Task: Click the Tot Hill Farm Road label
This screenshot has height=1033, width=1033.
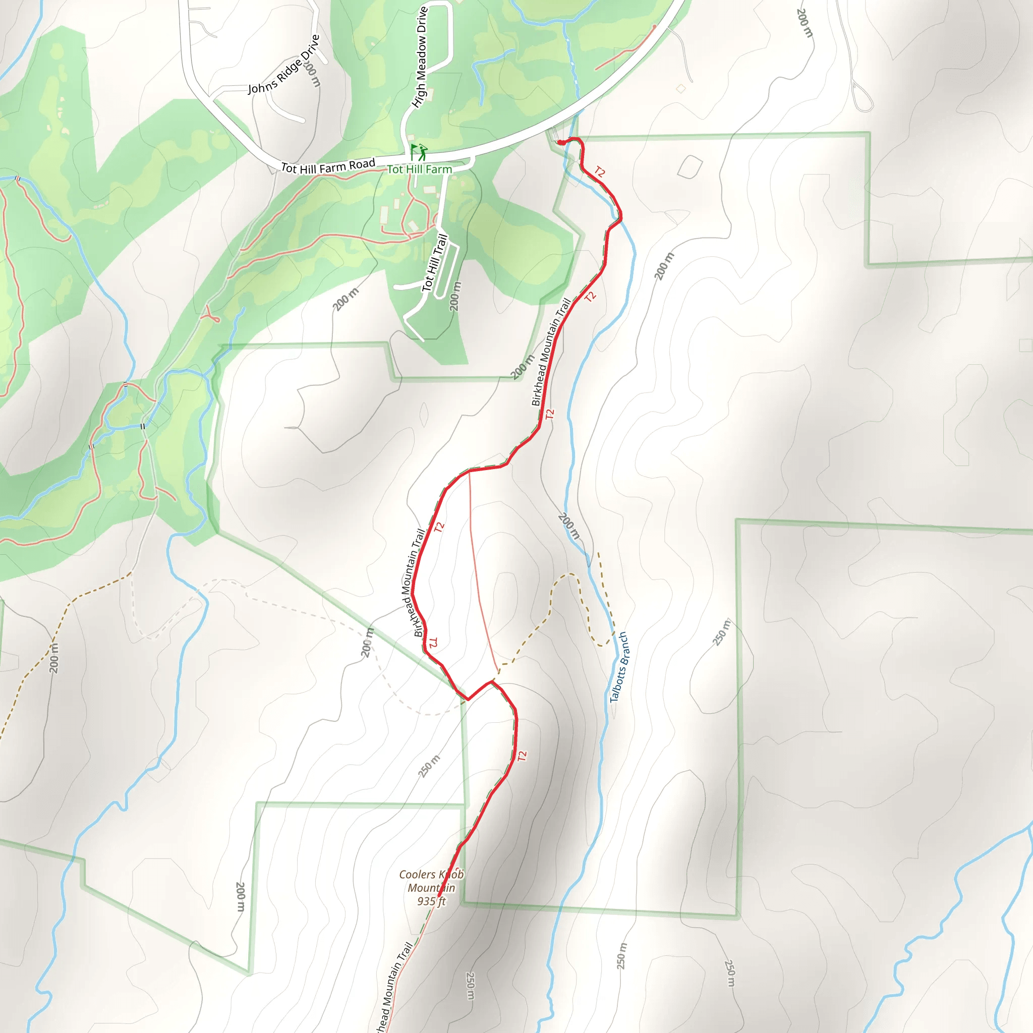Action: pyautogui.click(x=328, y=166)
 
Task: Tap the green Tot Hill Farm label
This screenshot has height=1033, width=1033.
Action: pyautogui.click(x=419, y=169)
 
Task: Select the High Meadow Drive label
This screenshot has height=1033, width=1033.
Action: pyautogui.click(x=420, y=57)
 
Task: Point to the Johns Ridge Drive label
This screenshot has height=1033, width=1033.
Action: pyautogui.click(x=283, y=65)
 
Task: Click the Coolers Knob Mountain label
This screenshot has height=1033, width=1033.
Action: pyautogui.click(x=431, y=881)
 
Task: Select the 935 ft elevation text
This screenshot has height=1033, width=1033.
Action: pyautogui.click(x=431, y=901)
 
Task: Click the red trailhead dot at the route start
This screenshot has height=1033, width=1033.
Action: pyautogui.click(x=560, y=143)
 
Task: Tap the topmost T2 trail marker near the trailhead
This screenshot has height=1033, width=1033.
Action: pyautogui.click(x=600, y=172)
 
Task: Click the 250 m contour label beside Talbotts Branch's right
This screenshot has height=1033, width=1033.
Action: pyautogui.click(x=721, y=632)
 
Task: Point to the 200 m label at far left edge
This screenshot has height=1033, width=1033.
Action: pyautogui.click(x=54, y=658)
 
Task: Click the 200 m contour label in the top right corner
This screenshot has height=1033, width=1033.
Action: pyautogui.click(x=804, y=23)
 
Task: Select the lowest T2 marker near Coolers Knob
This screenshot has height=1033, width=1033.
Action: pyautogui.click(x=522, y=756)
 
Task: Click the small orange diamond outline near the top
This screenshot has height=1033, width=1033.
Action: pyautogui.click(x=680, y=89)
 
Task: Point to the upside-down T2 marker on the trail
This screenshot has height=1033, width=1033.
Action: pyautogui.click(x=434, y=643)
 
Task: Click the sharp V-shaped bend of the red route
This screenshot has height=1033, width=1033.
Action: pyautogui.click(x=468, y=699)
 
